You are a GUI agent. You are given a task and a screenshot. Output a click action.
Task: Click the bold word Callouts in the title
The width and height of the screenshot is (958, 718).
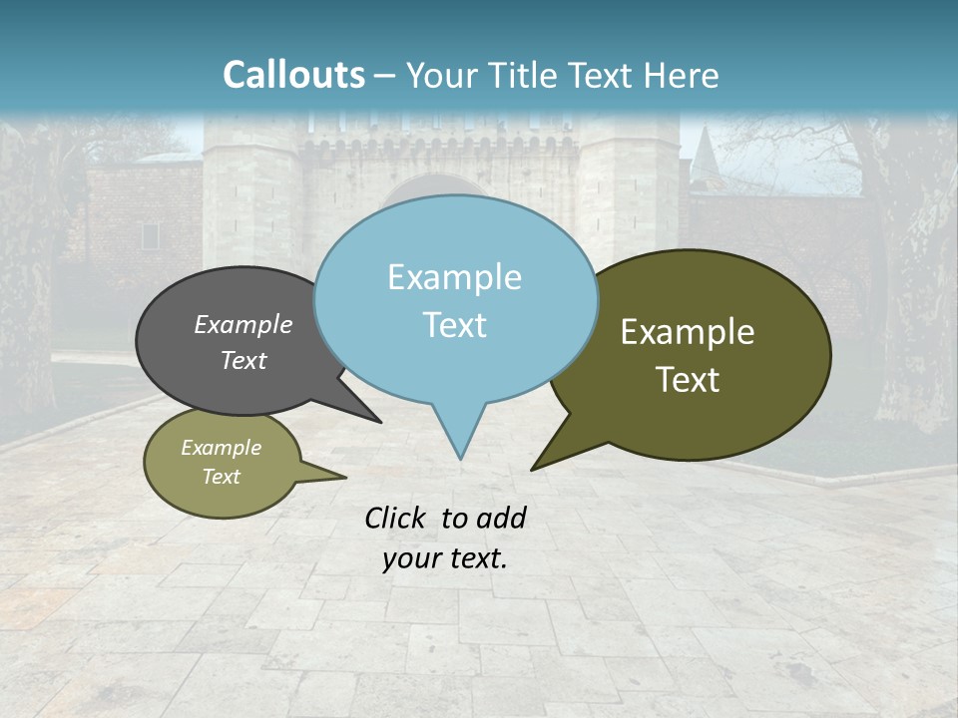point(293,75)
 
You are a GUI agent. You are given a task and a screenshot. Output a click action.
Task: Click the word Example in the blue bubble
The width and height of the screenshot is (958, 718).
point(454,277)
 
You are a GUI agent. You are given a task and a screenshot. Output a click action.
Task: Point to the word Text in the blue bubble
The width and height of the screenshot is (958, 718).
point(454,325)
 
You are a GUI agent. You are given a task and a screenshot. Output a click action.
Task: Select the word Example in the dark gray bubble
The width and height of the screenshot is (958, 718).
point(242,324)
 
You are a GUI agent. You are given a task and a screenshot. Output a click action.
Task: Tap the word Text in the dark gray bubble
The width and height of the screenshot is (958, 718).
point(242,360)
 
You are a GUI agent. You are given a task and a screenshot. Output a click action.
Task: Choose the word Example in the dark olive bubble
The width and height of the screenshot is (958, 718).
point(688,331)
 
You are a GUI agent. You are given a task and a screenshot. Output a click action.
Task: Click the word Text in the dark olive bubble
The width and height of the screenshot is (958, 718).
point(688,379)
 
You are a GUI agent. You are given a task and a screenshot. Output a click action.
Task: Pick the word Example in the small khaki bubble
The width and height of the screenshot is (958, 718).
point(221,448)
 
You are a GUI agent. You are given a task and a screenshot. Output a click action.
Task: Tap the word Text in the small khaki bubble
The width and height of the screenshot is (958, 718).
point(221,477)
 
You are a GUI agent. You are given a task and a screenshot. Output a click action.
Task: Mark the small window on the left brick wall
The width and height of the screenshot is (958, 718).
point(150,236)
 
